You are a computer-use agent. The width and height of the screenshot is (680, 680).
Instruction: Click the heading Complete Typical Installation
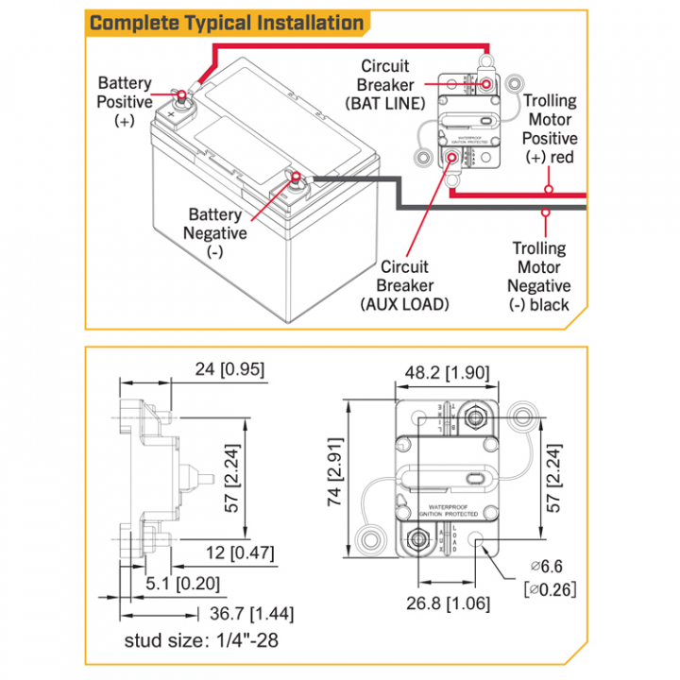(227, 23)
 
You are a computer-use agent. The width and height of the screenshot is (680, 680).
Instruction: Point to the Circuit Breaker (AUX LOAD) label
(405, 285)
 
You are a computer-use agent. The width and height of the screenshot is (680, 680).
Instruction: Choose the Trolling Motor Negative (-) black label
(539, 277)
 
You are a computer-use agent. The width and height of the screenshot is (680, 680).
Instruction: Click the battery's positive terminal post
(178, 94)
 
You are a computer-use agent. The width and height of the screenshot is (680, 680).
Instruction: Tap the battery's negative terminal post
(296, 177)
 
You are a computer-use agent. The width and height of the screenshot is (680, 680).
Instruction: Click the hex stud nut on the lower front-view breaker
(415, 541)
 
